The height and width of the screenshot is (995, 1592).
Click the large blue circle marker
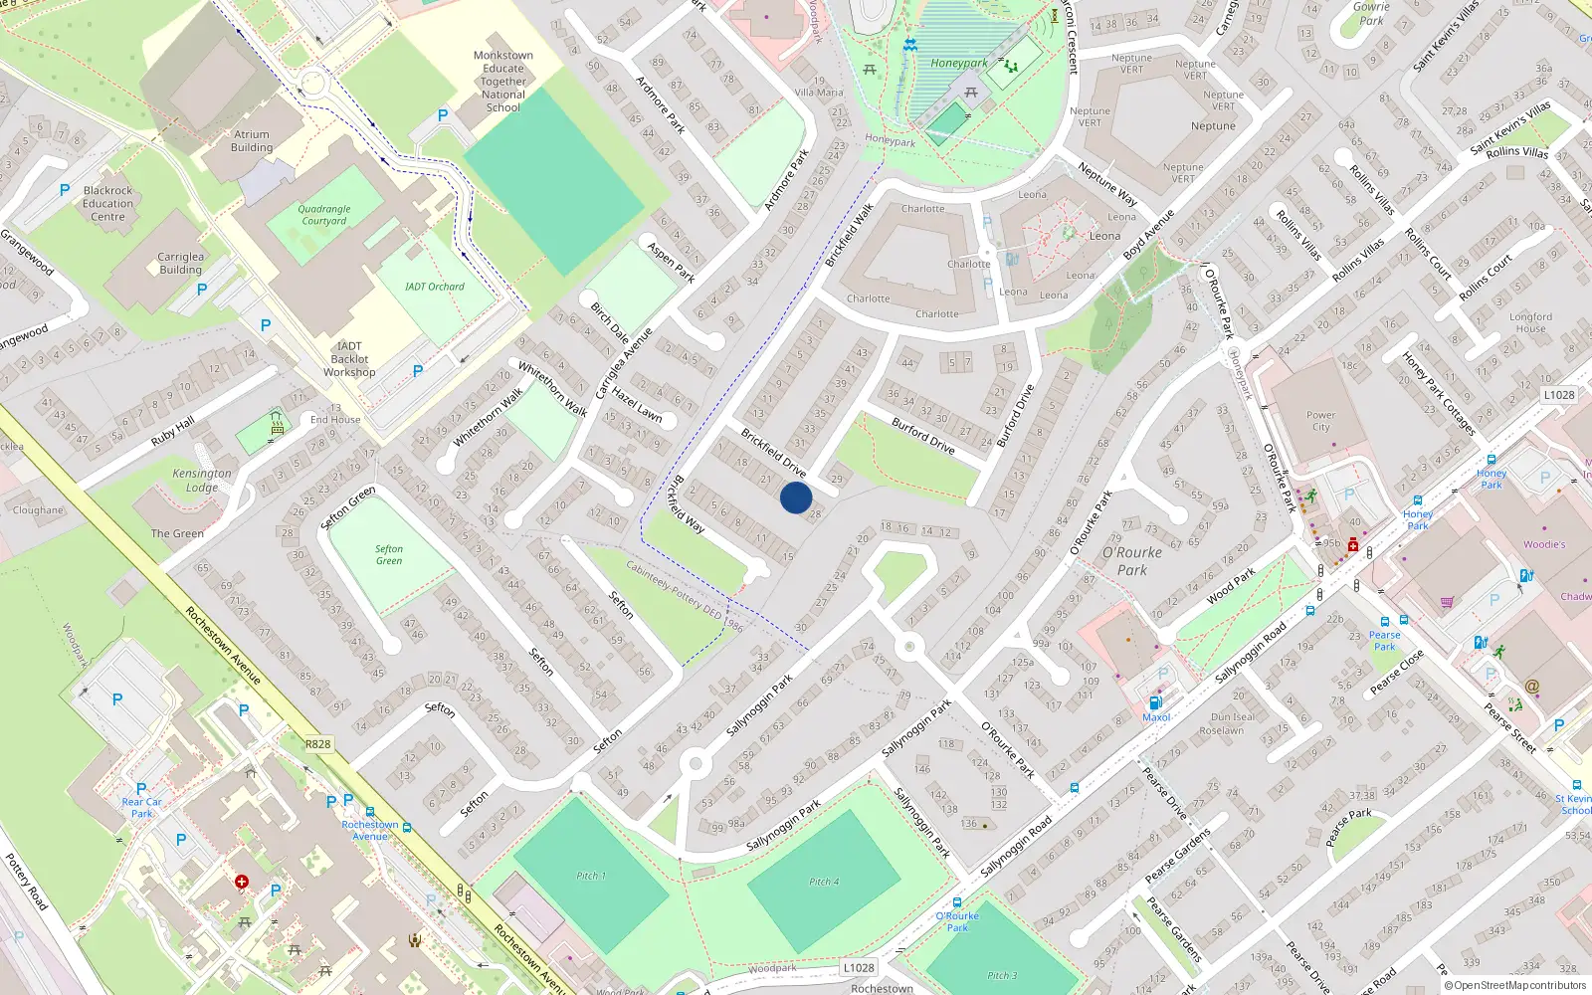796,497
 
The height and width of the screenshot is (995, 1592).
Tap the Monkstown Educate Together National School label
503,82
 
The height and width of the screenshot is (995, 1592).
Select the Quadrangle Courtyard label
324,215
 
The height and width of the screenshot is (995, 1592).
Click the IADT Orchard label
435,287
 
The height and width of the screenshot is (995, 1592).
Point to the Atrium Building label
252,141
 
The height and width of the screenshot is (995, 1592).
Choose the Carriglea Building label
180,263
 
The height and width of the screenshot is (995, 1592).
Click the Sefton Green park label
389,554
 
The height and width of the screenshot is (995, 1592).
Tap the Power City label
1320,421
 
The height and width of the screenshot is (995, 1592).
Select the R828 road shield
317,744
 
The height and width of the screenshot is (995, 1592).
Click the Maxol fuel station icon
1155,702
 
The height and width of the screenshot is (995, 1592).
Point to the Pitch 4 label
824,882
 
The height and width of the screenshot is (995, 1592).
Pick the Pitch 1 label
590,876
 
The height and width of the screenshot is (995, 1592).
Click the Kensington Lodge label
202,481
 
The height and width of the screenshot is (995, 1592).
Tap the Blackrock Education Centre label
108,203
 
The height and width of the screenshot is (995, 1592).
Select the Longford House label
1530,322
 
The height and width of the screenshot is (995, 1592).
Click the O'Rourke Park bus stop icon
957,902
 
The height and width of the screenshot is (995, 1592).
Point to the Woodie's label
1544,544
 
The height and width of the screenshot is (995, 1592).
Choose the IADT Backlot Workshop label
349,359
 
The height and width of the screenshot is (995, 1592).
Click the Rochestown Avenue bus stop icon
370,812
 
